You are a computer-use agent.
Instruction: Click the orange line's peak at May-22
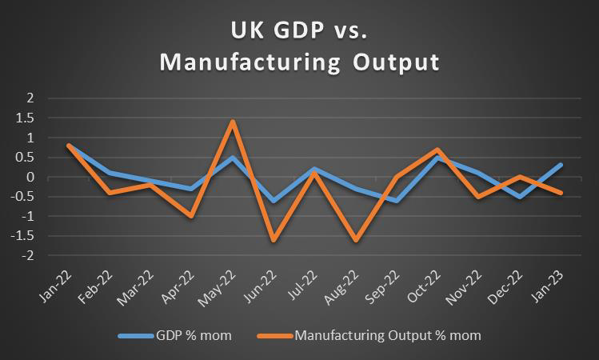pyautogui.click(x=232, y=122)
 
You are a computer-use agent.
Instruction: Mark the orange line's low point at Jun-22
pyautogui.click(x=274, y=240)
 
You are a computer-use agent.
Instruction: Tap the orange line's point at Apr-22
pyautogui.click(x=191, y=216)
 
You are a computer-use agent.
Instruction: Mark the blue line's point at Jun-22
pyautogui.click(x=274, y=201)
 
